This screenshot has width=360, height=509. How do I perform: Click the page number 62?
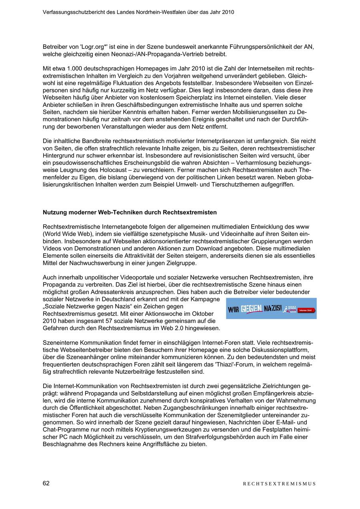coord(46,483)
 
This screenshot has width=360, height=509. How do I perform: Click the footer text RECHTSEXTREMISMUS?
coord(279,484)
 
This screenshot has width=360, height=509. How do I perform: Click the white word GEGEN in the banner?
coord(252,309)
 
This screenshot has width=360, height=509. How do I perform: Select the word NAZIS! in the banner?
coord(273,309)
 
